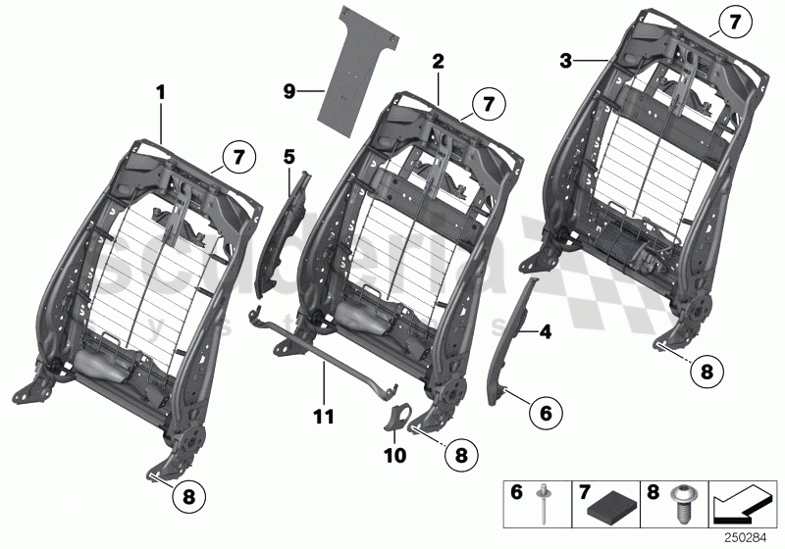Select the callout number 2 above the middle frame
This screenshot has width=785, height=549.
[x=438, y=61]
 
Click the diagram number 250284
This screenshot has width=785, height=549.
[x=747, y=536]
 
